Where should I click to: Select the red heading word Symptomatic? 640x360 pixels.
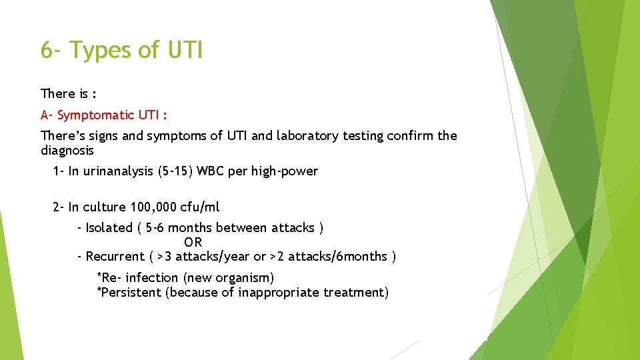pos(95,115)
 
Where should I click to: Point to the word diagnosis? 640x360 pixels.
pos(67,151)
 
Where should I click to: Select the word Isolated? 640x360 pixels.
pos(109,228)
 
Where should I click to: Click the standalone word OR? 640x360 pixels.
pos(193,242)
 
